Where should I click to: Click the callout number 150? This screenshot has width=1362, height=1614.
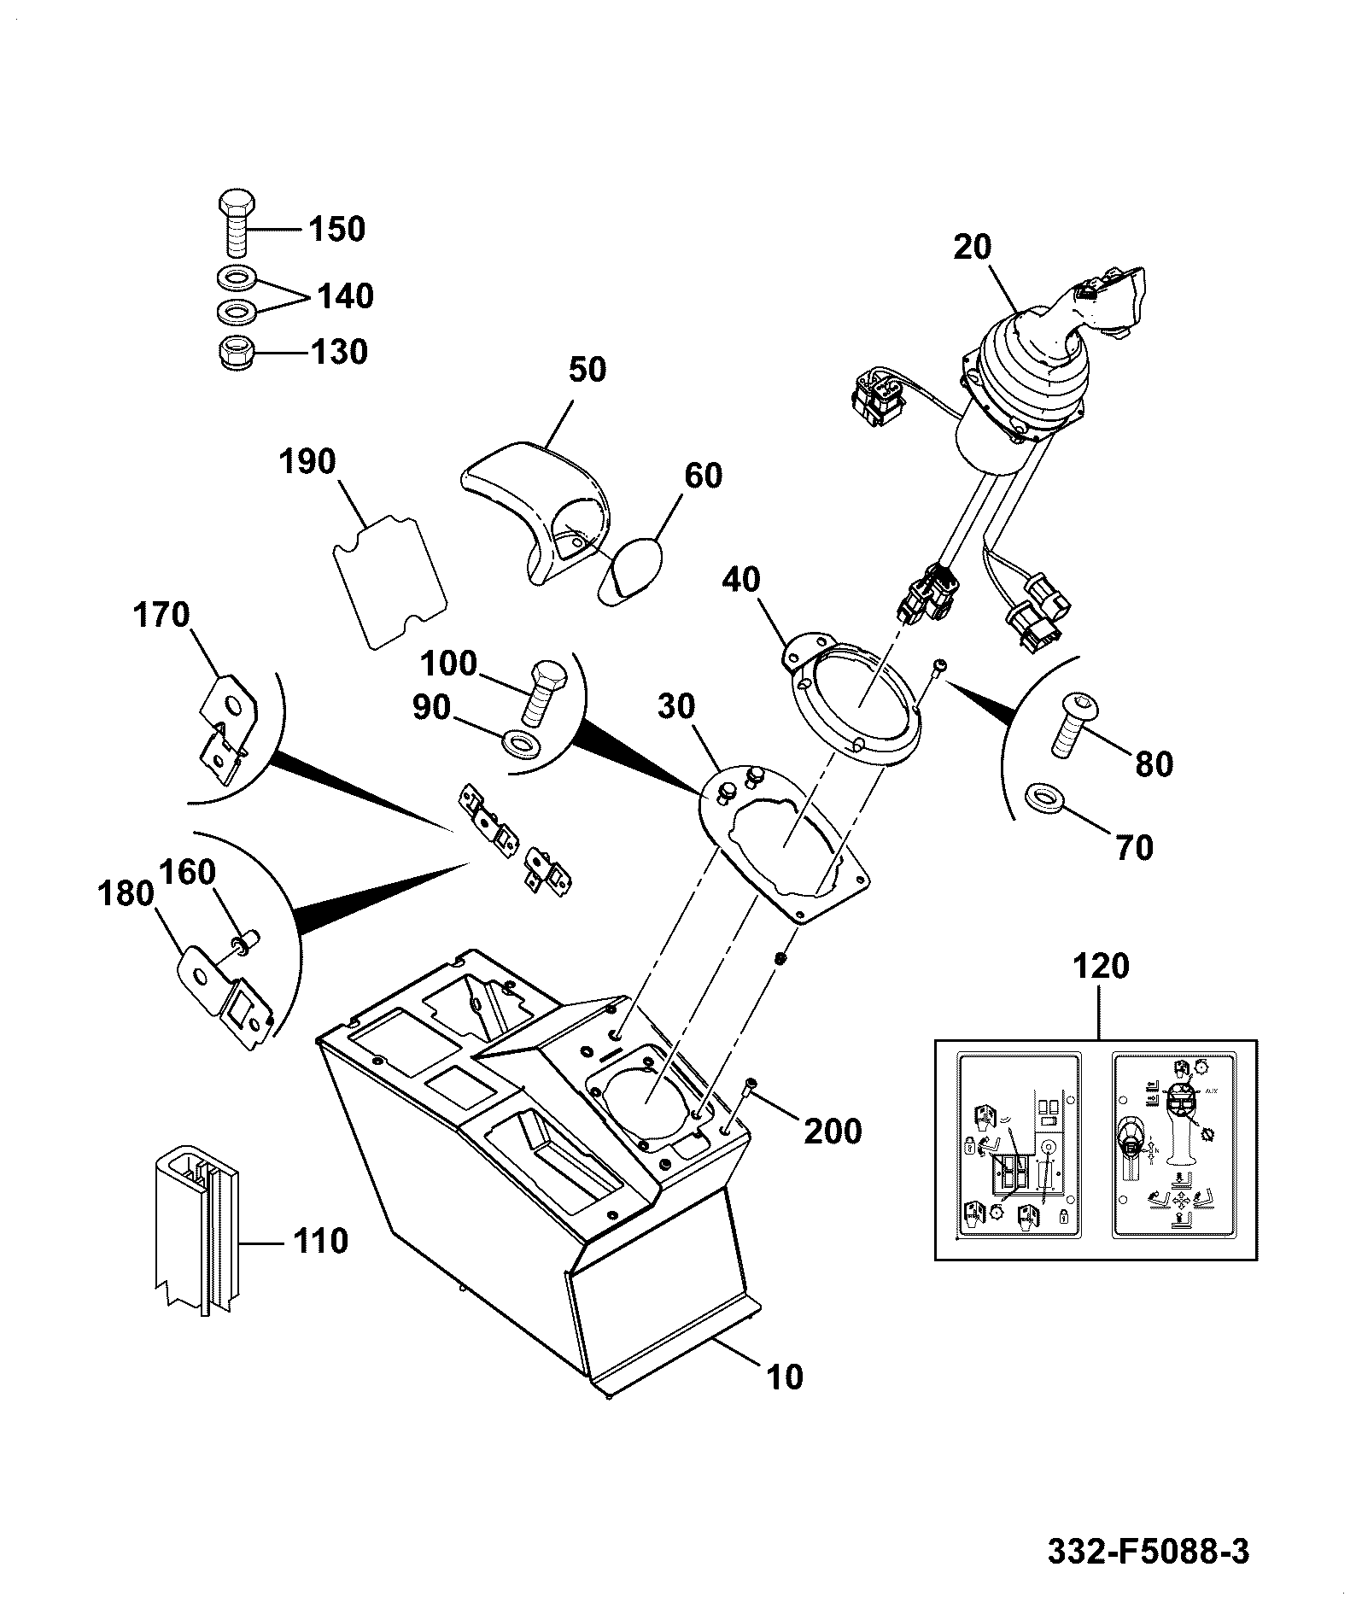pyautogui.click(x=336, y=229)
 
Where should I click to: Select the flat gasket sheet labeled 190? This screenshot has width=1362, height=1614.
pyautogui.click(x=389, y=581)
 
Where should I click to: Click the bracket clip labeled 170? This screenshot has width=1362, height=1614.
pyautogui.click(x=227, y=728)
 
